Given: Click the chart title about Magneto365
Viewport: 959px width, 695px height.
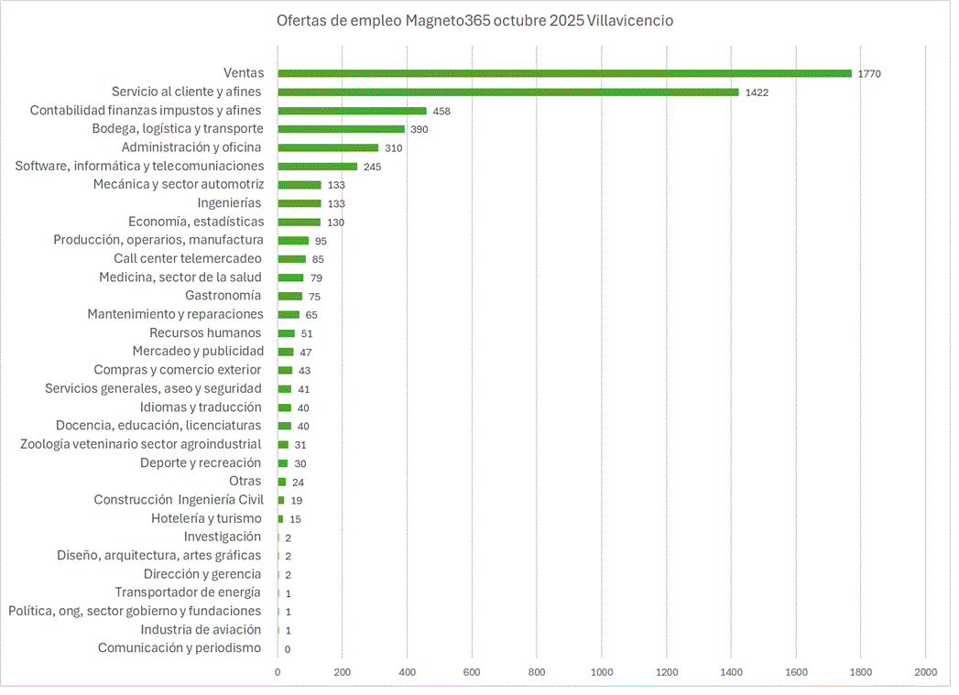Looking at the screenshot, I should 474,20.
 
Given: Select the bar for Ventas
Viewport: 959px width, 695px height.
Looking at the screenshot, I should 564,73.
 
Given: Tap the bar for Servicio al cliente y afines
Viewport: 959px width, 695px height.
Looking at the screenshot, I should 507,92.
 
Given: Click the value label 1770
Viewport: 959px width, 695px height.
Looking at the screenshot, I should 869,73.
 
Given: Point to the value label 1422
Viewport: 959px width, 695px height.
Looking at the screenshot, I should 757,92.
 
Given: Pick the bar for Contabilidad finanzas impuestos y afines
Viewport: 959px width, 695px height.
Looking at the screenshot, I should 352,111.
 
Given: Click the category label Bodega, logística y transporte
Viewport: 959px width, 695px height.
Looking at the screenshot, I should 178,129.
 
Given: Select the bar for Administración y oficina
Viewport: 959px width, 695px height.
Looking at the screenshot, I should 328,147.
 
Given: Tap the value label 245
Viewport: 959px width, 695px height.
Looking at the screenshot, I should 372,167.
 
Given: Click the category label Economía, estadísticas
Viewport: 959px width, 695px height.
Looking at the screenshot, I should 196,222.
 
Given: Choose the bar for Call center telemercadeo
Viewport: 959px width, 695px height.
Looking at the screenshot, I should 291,259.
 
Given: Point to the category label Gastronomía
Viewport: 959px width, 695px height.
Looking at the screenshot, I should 223,296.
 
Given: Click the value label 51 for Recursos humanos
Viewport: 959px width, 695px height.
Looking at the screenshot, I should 307,333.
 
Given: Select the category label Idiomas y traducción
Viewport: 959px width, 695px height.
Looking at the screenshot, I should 201,407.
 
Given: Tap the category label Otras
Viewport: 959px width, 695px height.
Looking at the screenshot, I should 245,481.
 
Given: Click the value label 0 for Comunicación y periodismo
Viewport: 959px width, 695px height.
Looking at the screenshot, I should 288,649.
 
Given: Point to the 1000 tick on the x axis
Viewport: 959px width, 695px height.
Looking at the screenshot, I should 602,672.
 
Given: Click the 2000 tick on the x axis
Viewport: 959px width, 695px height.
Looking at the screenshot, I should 925,672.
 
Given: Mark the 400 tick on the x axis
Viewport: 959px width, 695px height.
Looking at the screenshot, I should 407,672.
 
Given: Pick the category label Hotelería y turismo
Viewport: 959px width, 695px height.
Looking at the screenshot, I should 206,518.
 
